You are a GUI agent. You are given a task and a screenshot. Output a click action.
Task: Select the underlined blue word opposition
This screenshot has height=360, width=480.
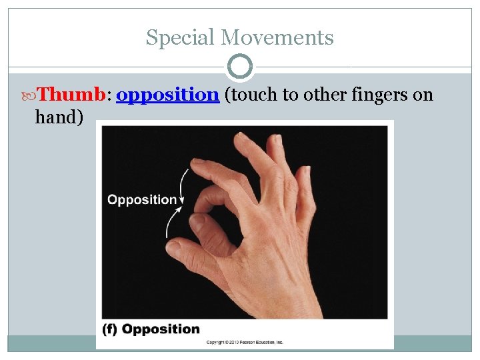(x=167, y=95)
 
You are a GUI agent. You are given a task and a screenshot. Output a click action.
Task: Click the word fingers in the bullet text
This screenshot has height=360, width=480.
(x=375, y=95)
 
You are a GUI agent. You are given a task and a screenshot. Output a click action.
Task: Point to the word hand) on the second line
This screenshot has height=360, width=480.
(x=59, y=117)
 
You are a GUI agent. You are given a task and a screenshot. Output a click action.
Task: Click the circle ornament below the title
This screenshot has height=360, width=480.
(x=240, y=67)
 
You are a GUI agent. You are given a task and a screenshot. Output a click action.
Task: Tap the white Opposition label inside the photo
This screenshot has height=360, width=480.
(x=142, y=199)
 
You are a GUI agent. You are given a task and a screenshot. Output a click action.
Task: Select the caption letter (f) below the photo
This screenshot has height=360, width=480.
(x=111, y=329)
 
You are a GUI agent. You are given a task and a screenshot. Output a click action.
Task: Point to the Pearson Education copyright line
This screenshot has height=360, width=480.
(x=245, y=342)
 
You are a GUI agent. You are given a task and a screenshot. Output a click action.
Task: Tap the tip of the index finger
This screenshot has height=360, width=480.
(x=197, y=165)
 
